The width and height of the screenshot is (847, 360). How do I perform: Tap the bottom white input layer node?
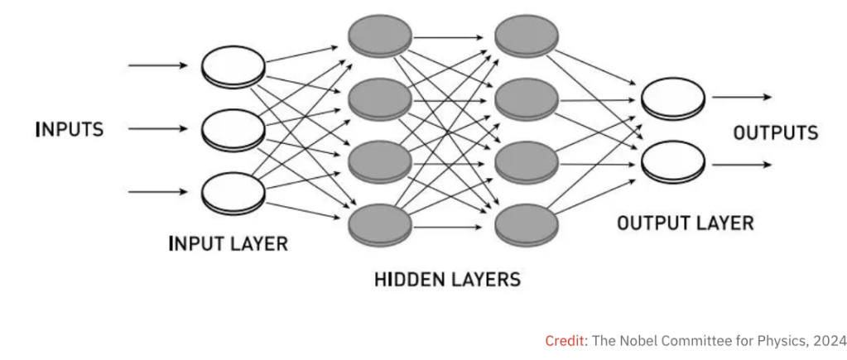pos(233,191)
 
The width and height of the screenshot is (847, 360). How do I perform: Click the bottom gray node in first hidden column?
pos(380,223)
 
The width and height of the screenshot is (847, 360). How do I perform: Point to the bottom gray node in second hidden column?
pos(526,223)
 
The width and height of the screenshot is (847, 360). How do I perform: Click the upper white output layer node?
pos(673,97)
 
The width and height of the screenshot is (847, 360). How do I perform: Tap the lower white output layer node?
pos(673,161)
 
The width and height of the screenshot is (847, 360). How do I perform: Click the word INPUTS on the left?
pos(70,130)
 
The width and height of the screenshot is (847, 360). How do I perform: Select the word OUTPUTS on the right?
pos(775,132)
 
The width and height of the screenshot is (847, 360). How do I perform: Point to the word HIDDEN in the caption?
pos(409,279)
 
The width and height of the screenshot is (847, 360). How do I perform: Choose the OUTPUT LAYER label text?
pos(686,223)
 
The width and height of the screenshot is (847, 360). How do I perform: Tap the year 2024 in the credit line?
pos(829,341)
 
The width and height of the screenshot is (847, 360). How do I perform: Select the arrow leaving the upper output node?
pos(741,97)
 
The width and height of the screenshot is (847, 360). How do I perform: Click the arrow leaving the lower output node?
pos(741,164)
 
